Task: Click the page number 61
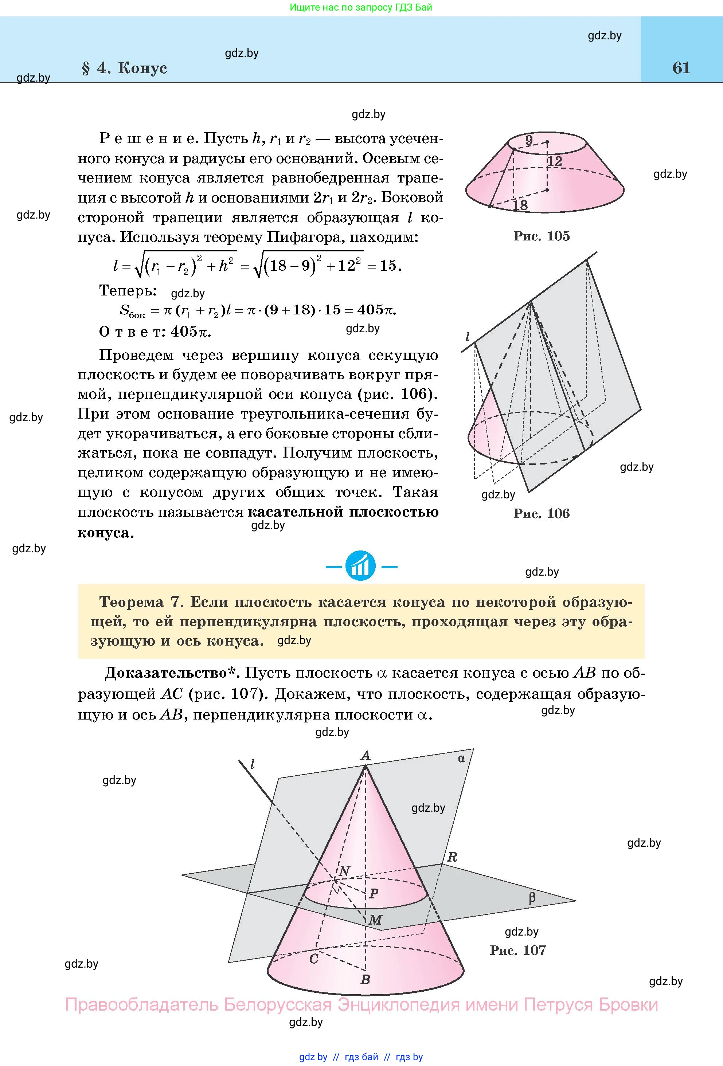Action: pyautogui.click(x=681, y=68)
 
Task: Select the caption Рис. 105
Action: pyautogui.click(x=541, y=236)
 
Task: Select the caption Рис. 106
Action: pyautogui.click(x=541, y=513)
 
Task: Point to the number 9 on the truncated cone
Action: pyautogui.click(x=529, y=140)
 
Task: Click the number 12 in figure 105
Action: pyautogui.click(x=554, y=161)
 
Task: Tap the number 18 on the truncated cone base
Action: pyautogui.click(x=520, y=205)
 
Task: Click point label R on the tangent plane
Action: pyautogui.click(x=452, y=857)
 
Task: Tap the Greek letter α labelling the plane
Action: pyautogui.click(x=461, y=759)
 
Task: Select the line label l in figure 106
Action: pyautogui.click(x=468, y=338)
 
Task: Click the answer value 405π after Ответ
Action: pyautogui.click(x=191, y=331)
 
